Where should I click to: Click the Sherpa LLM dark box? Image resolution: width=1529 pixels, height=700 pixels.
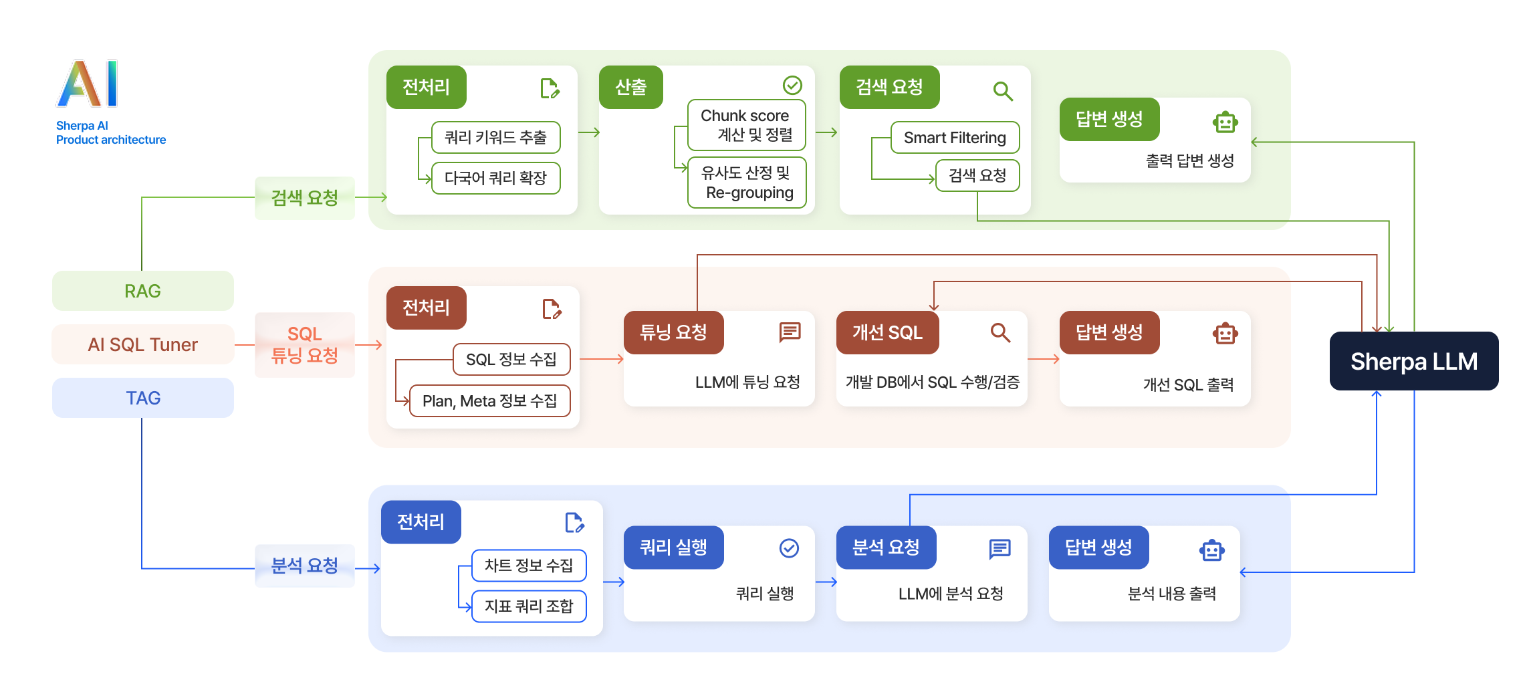1413,361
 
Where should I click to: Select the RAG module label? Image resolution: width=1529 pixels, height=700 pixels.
142,291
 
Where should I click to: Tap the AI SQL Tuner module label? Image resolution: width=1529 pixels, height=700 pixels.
142,344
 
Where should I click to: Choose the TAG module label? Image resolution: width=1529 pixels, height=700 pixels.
142,398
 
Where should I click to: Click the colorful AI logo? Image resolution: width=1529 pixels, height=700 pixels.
88,84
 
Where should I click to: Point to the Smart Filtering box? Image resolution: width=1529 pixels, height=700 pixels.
955,138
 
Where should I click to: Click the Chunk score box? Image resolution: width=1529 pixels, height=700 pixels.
746,125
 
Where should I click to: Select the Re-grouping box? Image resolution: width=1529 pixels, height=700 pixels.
747,183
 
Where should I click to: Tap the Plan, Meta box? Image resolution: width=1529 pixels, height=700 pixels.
489,401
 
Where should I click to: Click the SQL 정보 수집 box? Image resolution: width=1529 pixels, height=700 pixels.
511,360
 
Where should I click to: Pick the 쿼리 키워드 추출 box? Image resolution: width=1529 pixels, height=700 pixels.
495,138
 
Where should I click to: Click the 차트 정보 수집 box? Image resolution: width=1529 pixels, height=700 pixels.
529,566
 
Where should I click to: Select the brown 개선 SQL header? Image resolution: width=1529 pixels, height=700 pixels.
887,332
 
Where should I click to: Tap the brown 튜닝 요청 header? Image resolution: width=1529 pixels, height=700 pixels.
673,332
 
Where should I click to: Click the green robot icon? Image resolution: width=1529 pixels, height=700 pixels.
1225,122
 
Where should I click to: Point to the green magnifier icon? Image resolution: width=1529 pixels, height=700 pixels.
1003,91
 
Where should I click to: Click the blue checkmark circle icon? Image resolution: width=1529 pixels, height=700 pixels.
789,548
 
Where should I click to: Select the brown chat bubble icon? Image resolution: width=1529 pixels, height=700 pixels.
790,332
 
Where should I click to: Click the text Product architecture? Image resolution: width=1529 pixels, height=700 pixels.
111,140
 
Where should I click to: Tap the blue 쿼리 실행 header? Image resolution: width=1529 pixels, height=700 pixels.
673,548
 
